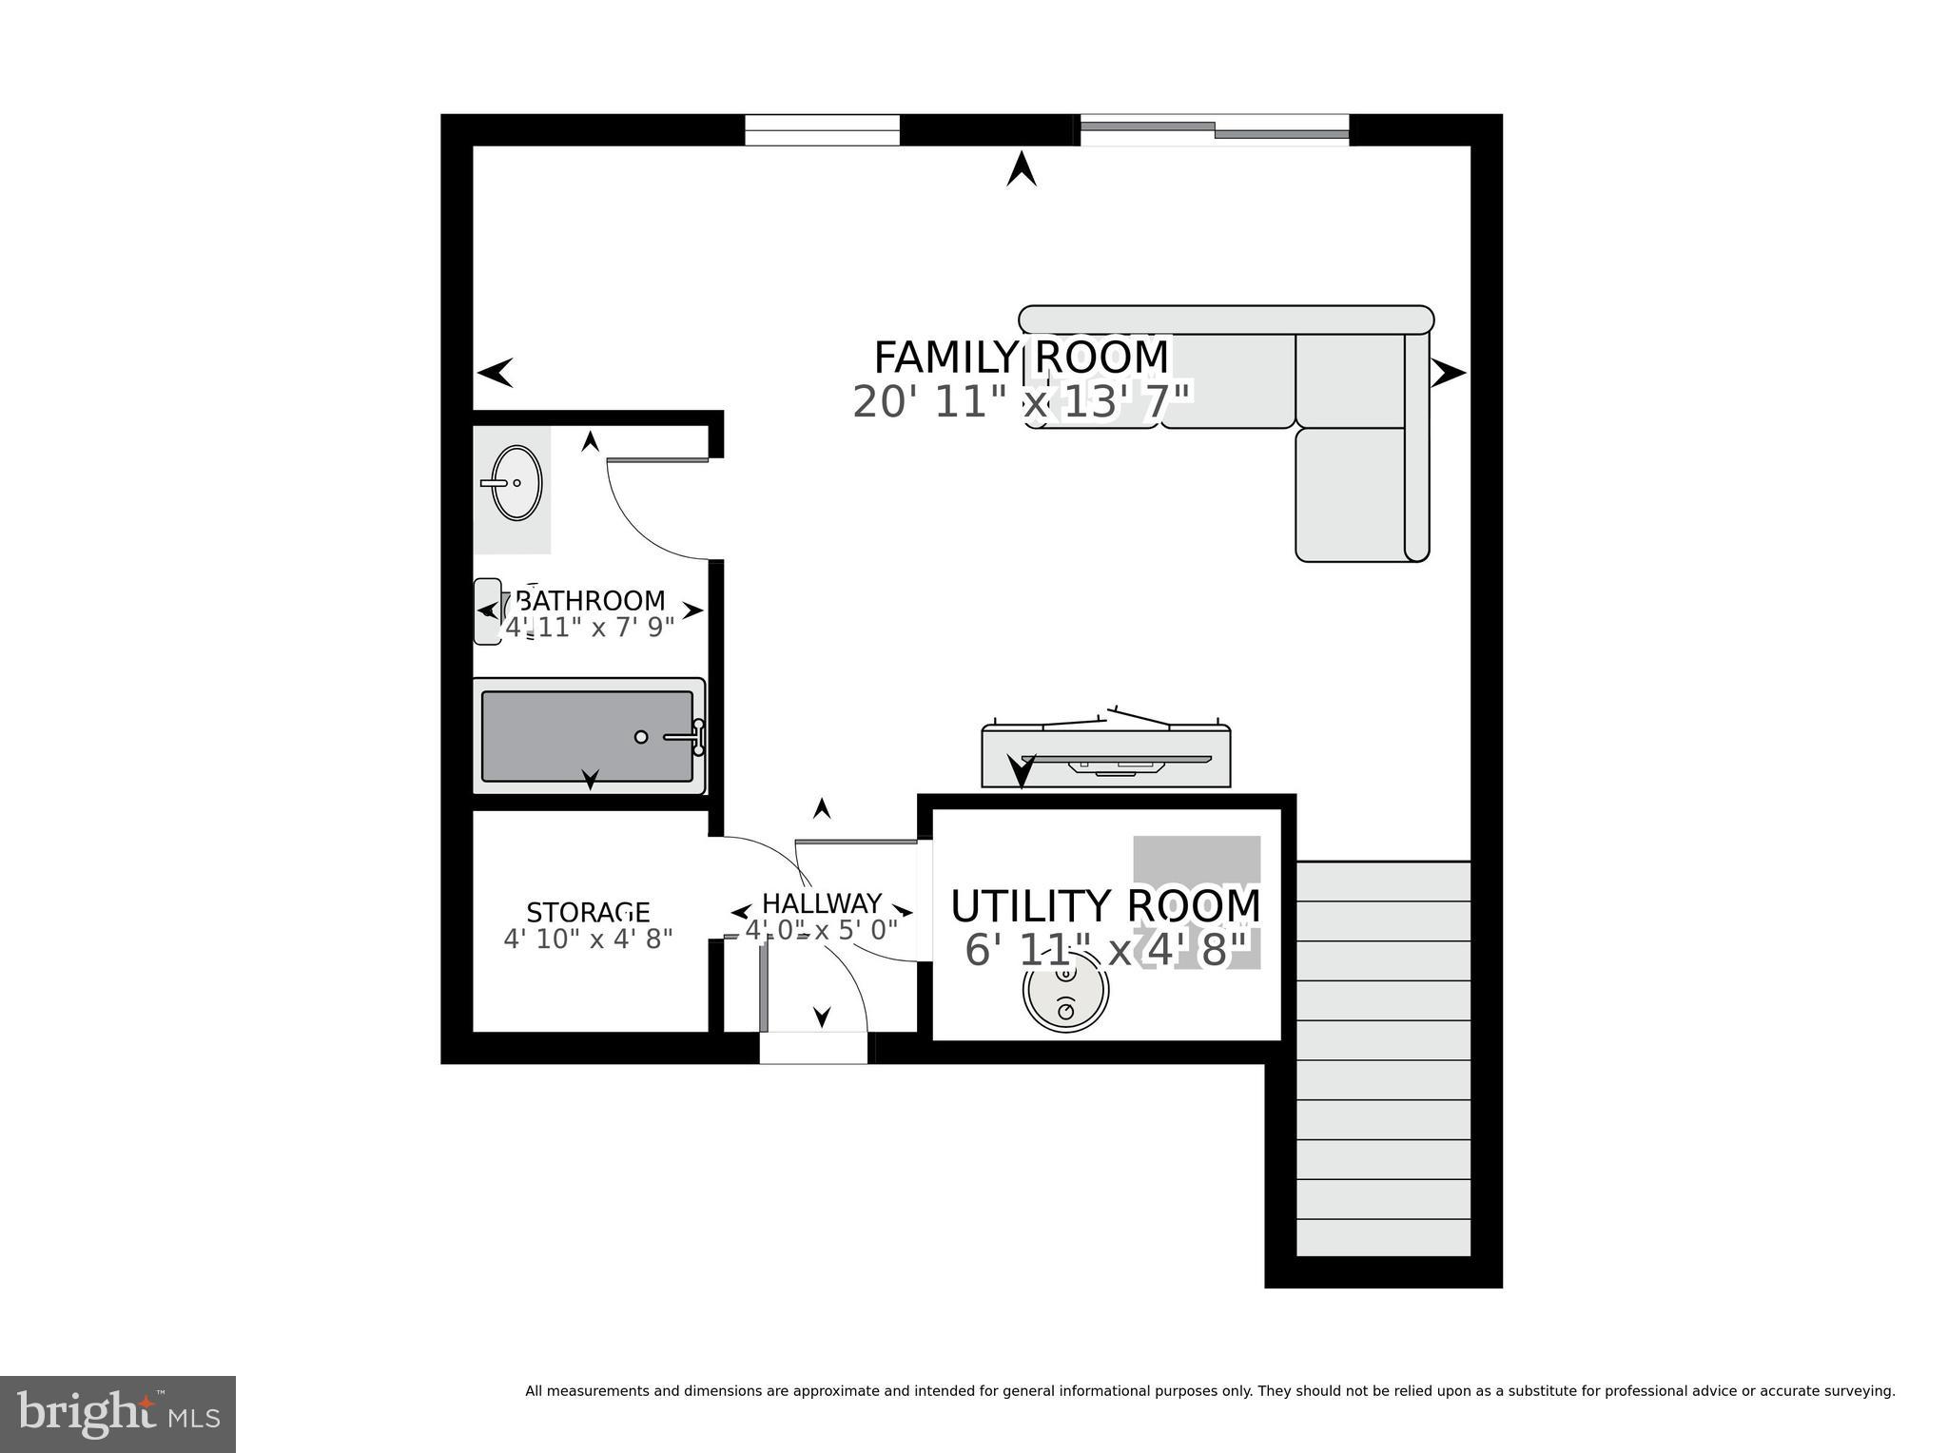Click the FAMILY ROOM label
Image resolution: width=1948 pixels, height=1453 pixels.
click(1021, 358)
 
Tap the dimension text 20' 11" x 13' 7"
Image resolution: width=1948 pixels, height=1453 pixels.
click(1021, 402)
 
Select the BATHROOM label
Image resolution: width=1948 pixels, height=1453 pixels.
click(590, 601)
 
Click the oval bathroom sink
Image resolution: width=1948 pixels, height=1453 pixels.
click(516, 483)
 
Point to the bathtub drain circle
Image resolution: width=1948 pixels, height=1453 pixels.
click(641, 737)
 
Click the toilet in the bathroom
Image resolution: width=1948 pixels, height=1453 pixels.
click(489, 610)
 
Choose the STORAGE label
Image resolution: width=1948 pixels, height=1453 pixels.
click(588, 913)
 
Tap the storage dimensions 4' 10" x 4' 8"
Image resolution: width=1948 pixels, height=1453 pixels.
click(588, 940)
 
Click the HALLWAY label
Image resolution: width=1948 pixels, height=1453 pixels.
click(822, 902)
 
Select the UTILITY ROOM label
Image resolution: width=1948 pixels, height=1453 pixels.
click(1105, 906)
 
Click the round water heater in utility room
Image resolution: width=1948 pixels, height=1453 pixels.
click(1065, 992)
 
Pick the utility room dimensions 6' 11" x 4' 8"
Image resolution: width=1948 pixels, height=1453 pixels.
click(1105, 951)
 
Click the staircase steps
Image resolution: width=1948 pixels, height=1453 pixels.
click(1383, 1060)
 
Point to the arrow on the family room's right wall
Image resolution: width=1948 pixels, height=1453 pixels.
click(1448, 373)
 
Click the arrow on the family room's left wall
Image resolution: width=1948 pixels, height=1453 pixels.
click(496, 373)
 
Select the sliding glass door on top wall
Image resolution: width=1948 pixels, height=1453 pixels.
click(1215, 129)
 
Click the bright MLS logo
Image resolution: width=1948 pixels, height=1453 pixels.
click(117, 1414)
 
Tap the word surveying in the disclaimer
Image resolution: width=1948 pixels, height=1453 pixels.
click(1859, 1391)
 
